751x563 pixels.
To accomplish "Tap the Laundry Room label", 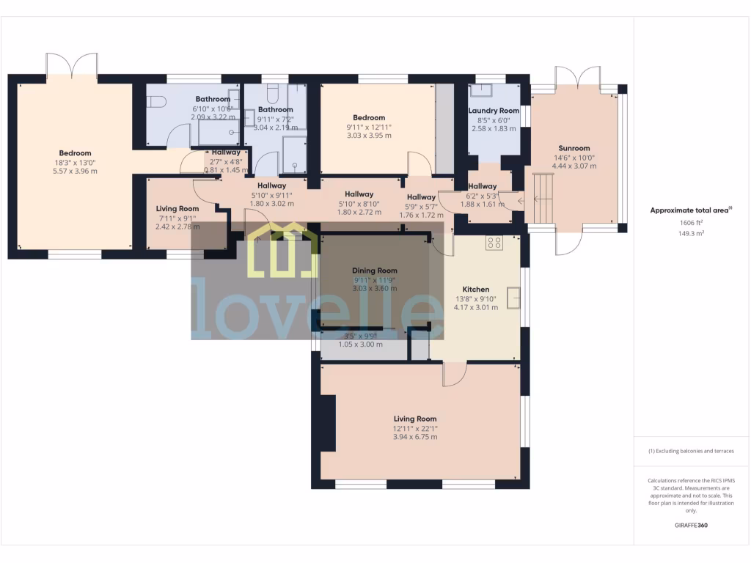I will (x=494, y=111).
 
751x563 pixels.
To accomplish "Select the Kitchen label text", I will (x=476, y=289).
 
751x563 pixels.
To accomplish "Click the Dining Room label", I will (x=375, y=271).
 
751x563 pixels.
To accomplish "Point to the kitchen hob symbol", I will (x=494, y=243).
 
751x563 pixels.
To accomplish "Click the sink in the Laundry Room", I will (x=483, y=91).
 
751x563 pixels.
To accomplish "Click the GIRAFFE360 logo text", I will (x=691, y=525).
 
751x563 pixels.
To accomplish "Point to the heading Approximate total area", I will (x=689, y=210).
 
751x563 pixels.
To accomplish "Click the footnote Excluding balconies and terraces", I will (x=691, y=451).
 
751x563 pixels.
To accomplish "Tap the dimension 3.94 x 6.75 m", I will (x=414, y=437).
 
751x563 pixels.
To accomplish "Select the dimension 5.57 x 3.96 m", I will (x=75, y=171).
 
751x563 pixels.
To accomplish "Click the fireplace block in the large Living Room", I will (x=328, y=426).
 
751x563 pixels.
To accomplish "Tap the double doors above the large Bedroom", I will (x=71, y=66).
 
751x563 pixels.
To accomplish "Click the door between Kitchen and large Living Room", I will (x=455, y=373).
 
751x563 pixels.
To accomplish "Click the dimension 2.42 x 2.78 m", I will (x=177, y=227).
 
